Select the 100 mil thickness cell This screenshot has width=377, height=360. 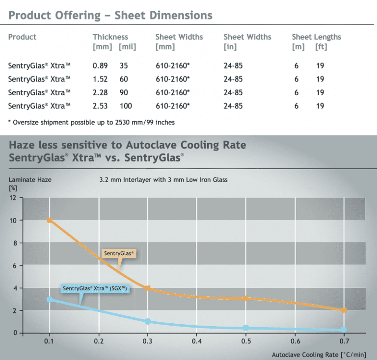point(126,106)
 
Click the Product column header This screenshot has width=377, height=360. point(22,37)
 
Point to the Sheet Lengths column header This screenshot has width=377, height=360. point(316,37)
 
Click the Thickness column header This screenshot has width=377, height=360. point(110,37)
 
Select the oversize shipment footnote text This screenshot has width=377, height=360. point(91,122)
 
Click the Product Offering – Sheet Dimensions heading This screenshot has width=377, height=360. point(110,15)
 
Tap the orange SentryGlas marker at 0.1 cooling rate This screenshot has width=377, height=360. point(50,220)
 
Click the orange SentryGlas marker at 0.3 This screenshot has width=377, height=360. point(148,288)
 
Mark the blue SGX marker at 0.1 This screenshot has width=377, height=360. point(50,299)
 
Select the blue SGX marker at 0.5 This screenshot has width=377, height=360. point(246,328)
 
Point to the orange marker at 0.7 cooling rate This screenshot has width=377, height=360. point(344,310)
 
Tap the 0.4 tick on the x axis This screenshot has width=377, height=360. point(197,341)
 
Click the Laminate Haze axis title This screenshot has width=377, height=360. point(30,180)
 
